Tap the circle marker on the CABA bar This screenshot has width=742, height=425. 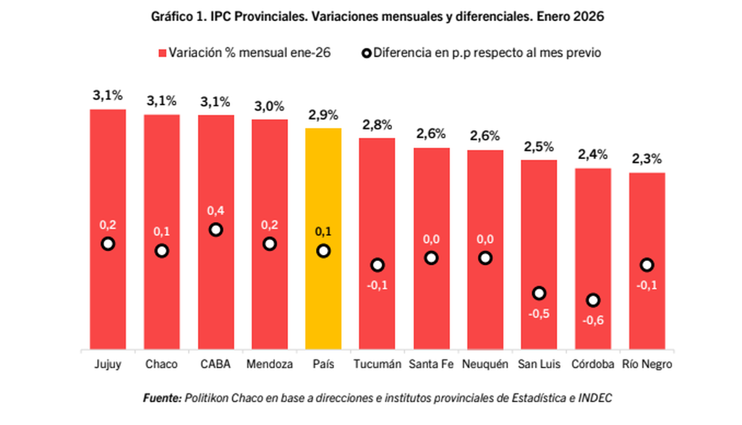coord(216,230)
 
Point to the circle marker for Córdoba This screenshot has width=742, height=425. coord(593,300)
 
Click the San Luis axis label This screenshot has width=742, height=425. coord(539,364)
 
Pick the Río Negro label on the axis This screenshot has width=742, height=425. coord(647,364)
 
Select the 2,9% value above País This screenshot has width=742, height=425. coord(323,114)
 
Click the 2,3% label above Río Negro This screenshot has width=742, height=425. coord(647,159)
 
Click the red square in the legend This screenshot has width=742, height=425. coord(163,53)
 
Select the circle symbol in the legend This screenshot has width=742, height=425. coord(366,53)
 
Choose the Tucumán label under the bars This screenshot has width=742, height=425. coord(377,364)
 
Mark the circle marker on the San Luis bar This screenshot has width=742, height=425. coord(539,293)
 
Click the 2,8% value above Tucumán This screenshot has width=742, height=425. coord(377,125)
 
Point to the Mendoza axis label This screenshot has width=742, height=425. coord(270,364)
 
